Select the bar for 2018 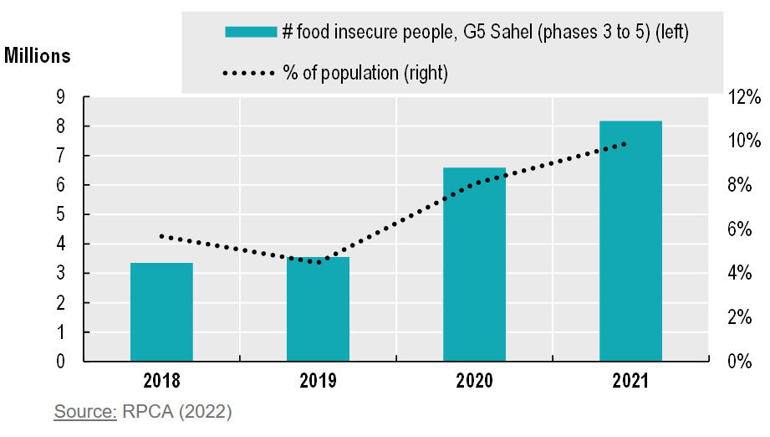161,312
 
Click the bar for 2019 318,310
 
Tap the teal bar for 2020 474,265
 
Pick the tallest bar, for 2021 630,241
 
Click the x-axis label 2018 161,382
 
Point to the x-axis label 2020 474,382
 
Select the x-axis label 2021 630,382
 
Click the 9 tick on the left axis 60,97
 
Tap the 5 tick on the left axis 60,215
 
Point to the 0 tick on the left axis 60,362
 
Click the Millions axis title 38,57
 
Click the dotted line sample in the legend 249,74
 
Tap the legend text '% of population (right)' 366,74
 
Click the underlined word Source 85,412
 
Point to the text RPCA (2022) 176,412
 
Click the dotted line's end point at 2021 625,144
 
